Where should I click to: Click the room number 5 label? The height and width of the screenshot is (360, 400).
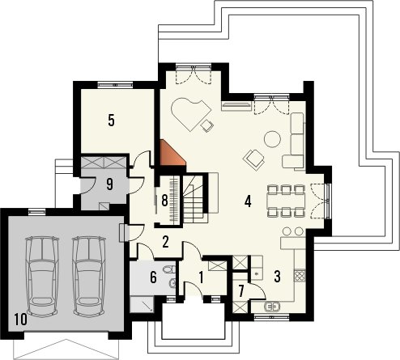(111, 121)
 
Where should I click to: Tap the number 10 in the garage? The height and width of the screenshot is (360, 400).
(21, 320)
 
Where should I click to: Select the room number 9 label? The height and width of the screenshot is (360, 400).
(109, 184)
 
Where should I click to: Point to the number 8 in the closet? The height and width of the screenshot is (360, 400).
(164, 201)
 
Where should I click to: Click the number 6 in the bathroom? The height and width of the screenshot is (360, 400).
(153, 277)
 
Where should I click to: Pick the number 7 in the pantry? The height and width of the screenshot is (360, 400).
(241, 290)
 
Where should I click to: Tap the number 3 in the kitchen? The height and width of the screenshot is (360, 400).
(277, 277)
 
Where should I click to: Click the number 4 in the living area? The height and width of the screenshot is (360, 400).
(248, 201)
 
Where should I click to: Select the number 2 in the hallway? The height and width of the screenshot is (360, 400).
(165, 242)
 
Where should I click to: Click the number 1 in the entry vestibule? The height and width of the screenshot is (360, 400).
(201, 277)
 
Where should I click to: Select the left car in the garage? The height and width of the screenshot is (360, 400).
(42, 277)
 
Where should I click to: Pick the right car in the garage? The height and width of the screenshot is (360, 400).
(89, 277)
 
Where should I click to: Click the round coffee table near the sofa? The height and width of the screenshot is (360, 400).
(272, 139)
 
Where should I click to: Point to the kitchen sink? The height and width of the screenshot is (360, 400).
(272, 307)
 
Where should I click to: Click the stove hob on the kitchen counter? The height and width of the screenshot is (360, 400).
(300, 276)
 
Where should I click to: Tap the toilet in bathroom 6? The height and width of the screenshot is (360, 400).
(169, 269)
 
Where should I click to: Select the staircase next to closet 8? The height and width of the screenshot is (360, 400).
(194, 199)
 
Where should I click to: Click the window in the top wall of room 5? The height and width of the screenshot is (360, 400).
(115, 85)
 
